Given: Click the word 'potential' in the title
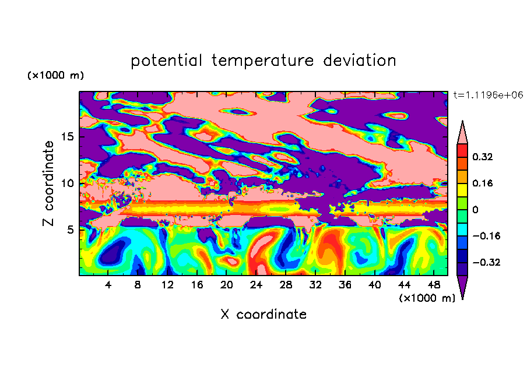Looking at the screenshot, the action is [166, 61].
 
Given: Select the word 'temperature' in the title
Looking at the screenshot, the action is [262, 61].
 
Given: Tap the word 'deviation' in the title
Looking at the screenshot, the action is [360, 61].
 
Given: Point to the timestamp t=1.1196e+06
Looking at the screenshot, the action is [489, 95].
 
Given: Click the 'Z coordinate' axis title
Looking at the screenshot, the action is [48, 183].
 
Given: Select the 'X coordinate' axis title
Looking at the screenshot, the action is [263, 314].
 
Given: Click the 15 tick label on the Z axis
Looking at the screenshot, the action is [68, 137].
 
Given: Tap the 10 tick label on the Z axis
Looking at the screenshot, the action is [68, 184].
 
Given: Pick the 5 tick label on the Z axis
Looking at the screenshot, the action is [71, 230].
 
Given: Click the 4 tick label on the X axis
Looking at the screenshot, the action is [108, 285].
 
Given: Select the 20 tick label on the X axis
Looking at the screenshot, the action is [227, 285].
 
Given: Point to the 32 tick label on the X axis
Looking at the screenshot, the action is [315, 285].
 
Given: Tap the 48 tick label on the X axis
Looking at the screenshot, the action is [434, 285].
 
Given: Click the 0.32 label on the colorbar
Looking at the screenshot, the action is [483, 157].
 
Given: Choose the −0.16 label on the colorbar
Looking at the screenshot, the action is [486, 236].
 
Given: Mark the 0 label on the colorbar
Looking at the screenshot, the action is [475, 210].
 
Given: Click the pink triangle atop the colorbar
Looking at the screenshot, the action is [462, 135].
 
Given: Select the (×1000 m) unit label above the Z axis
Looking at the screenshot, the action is [55, 75].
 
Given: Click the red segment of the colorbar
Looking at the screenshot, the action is [462, 150].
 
